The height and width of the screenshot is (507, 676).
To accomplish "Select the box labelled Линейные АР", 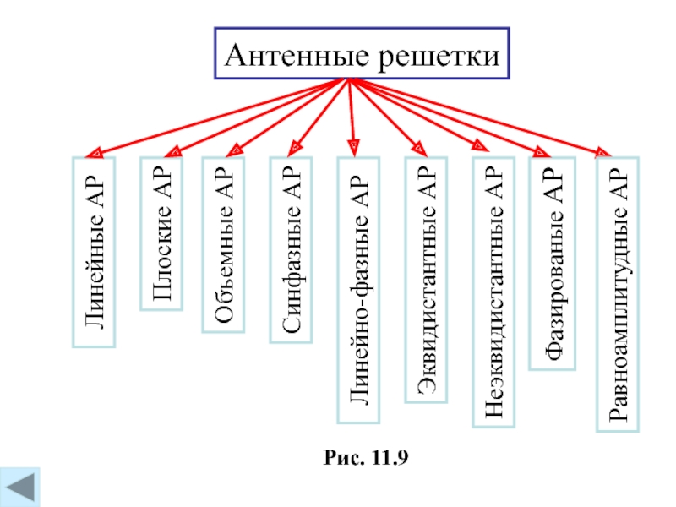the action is [x=94, y=253].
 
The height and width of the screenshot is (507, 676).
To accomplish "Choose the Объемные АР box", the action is [x=224, y=246].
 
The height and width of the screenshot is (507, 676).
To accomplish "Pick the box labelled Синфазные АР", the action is [x=291, y=250].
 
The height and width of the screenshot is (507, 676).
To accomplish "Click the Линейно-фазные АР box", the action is [x=359, y=290].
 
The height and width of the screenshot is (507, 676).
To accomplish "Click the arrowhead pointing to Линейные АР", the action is [x=95, y=154].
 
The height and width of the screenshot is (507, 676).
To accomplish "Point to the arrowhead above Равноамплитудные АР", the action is [x=603, y=153].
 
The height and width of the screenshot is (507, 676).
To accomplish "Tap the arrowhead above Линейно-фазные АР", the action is [x=355, y=152].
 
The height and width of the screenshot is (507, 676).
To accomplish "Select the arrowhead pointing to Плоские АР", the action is [x=172, y=153].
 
